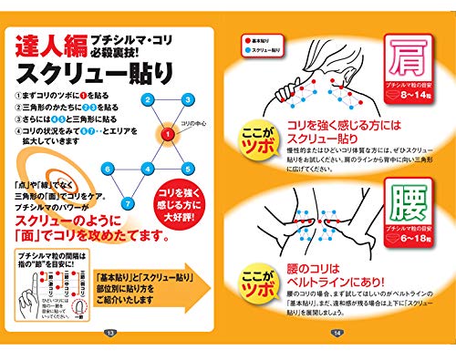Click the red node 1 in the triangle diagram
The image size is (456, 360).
point(167,134)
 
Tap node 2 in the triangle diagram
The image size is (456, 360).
point(150,99)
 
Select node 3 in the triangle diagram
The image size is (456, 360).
point(186,99)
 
